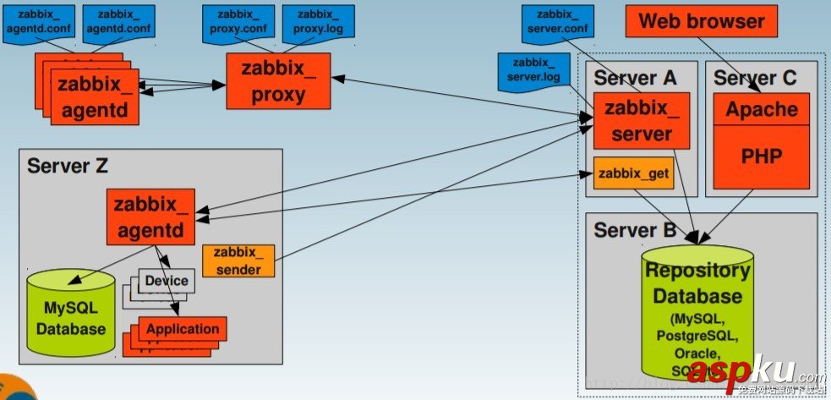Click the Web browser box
click(x=701, y=22)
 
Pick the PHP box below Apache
click(x=762, y=157)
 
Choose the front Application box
click(x=183, y=329)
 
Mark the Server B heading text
click(x=635, y=229)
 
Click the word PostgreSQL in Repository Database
click(x=697, y=337)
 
